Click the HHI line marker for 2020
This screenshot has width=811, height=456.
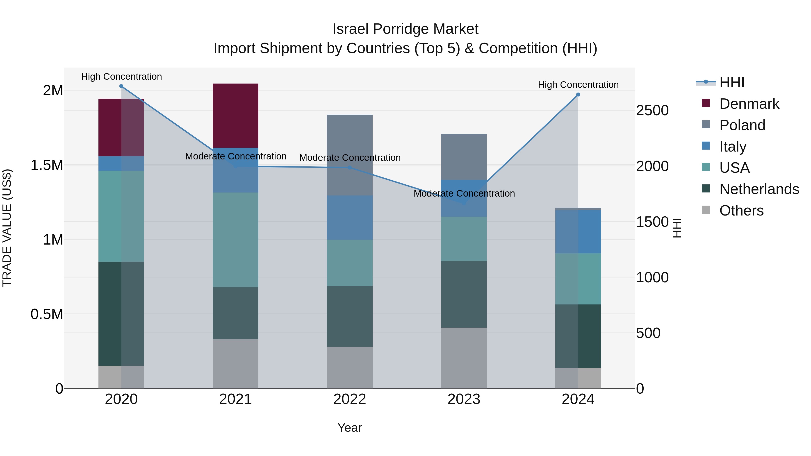121,86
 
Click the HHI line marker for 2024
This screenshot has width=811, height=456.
578,94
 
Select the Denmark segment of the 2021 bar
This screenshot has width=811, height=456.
235,116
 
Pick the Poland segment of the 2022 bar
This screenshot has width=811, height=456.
349,155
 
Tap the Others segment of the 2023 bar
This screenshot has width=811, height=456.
464,358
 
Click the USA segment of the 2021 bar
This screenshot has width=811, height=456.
235,240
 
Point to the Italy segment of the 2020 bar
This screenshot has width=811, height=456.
121,163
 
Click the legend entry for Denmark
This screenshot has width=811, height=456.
749,104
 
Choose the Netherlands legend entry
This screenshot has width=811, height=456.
759,189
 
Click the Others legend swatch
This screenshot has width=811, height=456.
706,210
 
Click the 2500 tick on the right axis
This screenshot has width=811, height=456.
652,111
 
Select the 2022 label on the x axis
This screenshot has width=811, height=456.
349,399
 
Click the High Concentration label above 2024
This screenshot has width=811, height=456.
578,85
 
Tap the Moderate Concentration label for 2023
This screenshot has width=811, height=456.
464,193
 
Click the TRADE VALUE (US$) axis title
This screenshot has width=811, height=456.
7,228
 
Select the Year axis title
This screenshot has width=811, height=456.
349,428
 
